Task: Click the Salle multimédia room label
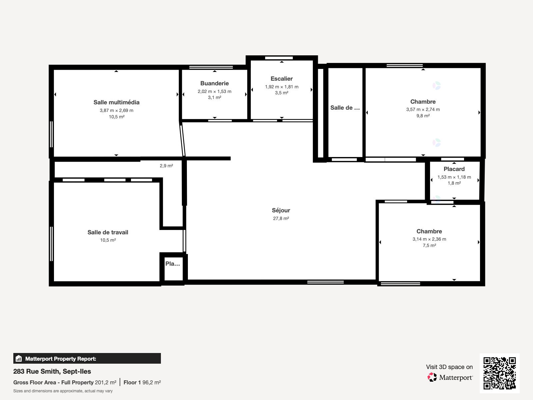(x=116, y=102)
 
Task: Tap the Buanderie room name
(x=215, y=83)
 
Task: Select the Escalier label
(x=281, y=79)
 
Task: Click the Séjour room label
(x=281, y=210)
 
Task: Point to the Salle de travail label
(x=108, y=232)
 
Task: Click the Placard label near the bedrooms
(x=454, y=169)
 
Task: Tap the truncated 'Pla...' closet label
(x=173, y=264)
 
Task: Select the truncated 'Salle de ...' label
(x=345, y=108)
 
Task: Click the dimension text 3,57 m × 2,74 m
(x=423, y=109)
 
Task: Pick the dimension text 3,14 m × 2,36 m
(x=429, y=239)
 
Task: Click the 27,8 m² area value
(x=281, y=218)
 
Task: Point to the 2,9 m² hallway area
(x=166, y=166)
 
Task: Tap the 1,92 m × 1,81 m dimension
(x=281, y=87)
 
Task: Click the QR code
(x=499, y=373)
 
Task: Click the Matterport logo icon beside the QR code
(x=432, y=377)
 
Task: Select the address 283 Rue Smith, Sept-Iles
(x=52, y=371)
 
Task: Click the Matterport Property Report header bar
(x=87, y=359)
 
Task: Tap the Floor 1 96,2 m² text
(x=142, y=382)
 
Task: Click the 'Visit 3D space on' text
(x=449, y=367)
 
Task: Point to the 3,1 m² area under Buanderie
(x=215, y=97)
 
